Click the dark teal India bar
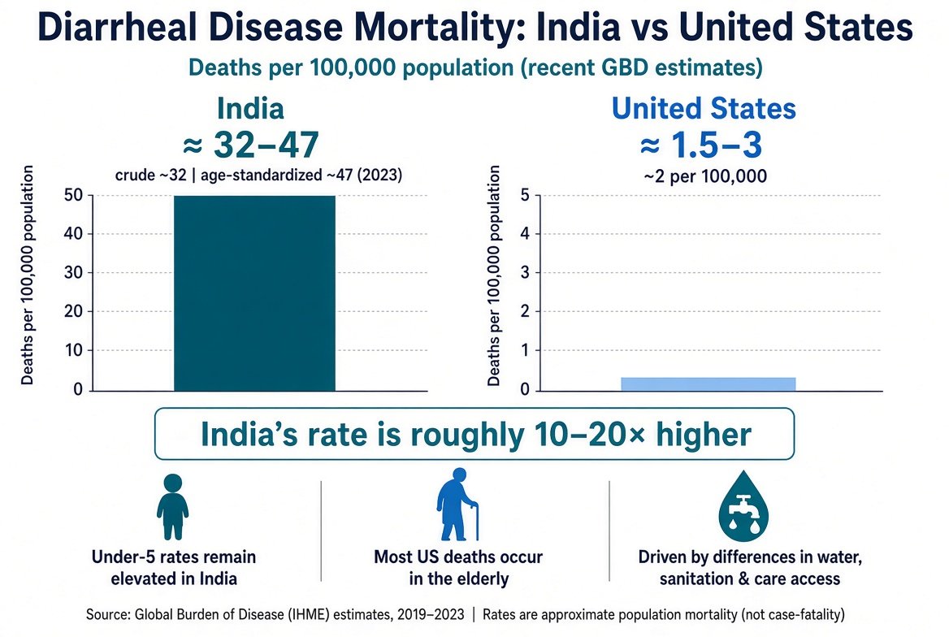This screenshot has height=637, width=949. click(254, 293)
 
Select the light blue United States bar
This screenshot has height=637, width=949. click(708, 383)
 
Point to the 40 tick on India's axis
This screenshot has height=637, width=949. click(73, 234)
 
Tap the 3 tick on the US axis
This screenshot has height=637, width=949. click(525, 272)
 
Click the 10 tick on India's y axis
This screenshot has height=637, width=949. click(73, 350)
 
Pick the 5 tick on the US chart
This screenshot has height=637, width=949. click(525, 195)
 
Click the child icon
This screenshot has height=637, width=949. click(172, 507)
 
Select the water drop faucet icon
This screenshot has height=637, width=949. click(743, 506)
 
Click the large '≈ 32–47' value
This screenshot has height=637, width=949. click(250, 145)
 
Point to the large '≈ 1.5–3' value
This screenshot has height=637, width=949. click(701, 145)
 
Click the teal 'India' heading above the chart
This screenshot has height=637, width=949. click(250, 109)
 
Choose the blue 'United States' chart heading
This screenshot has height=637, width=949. click(704, 109)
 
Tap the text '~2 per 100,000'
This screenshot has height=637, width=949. click(705, 176)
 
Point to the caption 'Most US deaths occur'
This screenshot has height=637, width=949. click(458, 557)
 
